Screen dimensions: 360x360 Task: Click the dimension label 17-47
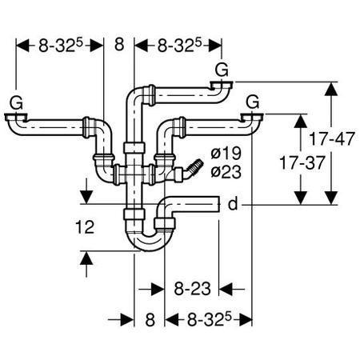coord(332,138)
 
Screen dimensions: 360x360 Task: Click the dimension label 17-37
coord(302,163)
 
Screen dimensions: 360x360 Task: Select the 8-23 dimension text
coord(192,289)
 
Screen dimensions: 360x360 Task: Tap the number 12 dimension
coord(85,227)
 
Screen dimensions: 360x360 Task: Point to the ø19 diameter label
coord(226,153)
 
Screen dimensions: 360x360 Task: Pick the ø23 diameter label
coord(226,171)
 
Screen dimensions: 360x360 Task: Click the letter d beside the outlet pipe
coord(233,204)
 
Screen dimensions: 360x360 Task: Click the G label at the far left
coord(16,102)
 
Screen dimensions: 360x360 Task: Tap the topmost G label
coord(222,70)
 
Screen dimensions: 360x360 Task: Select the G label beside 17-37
coord(252,102)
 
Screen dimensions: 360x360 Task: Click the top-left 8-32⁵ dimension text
coord(61,45)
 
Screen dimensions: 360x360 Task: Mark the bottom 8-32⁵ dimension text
coord(209,319)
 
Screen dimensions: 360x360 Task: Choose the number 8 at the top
coord(119,44)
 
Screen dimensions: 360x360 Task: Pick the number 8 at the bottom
coord(150,319)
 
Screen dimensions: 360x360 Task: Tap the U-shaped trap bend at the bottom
coord(149,242)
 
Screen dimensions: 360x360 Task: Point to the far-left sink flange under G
coord(16,118)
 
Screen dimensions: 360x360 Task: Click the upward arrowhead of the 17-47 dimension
coord(331,89)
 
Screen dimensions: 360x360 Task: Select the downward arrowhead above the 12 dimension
coord(86,197)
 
